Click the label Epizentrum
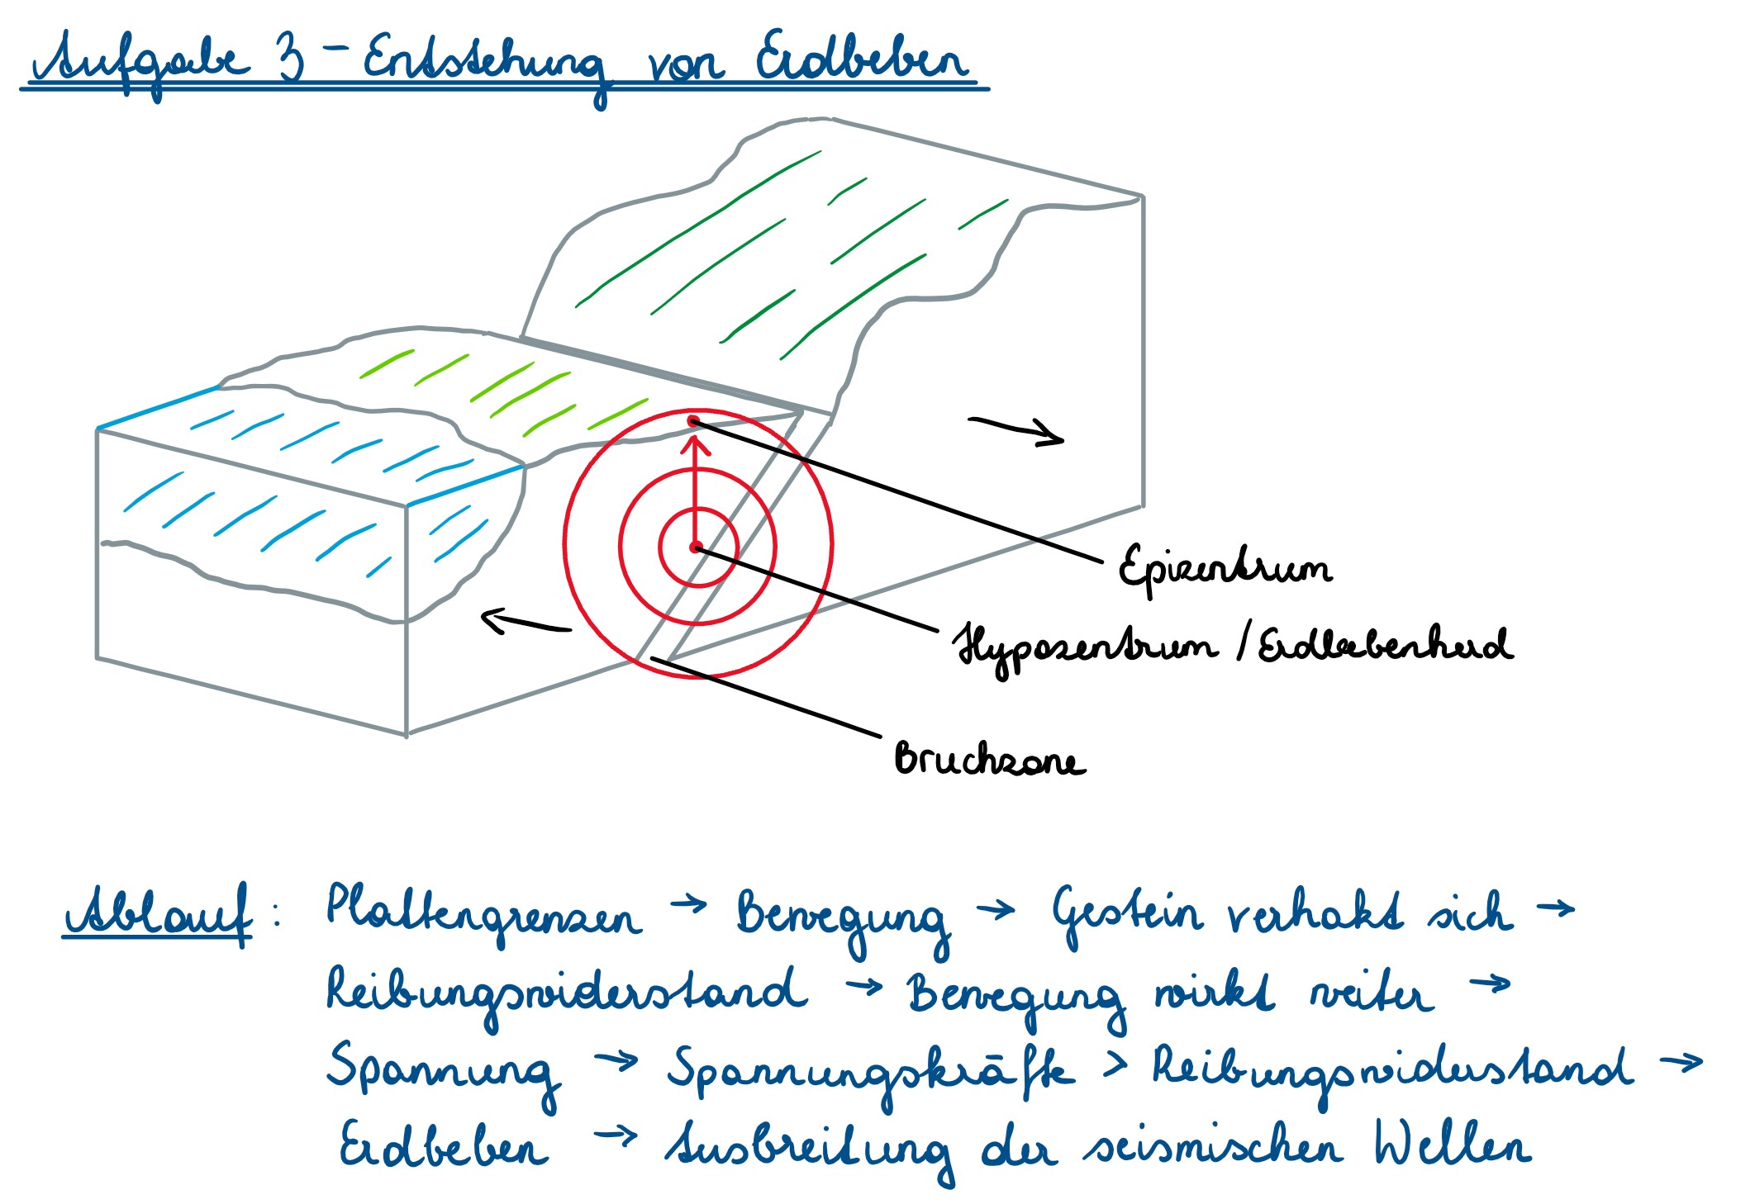pos(1224,567)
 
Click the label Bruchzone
pos(990,758)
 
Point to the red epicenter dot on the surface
pos(693,422)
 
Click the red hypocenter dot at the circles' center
pos(696,547)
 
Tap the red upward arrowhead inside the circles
pos(696,447)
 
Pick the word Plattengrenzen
pos(483,913)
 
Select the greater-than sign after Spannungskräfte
pos(1115,1065)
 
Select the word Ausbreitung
pos(810,1149)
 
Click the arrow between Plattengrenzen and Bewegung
pos(689,905)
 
